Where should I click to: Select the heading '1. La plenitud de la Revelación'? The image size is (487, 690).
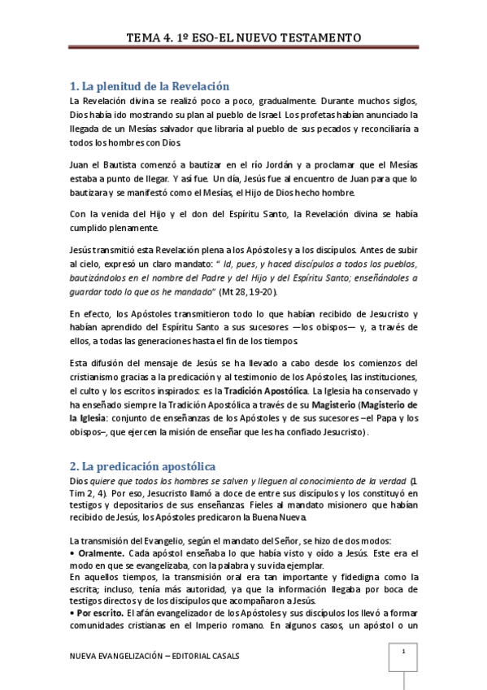point(150,85)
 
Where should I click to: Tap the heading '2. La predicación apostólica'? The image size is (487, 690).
point(141,466)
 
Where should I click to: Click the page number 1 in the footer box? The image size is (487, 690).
point(403,653)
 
